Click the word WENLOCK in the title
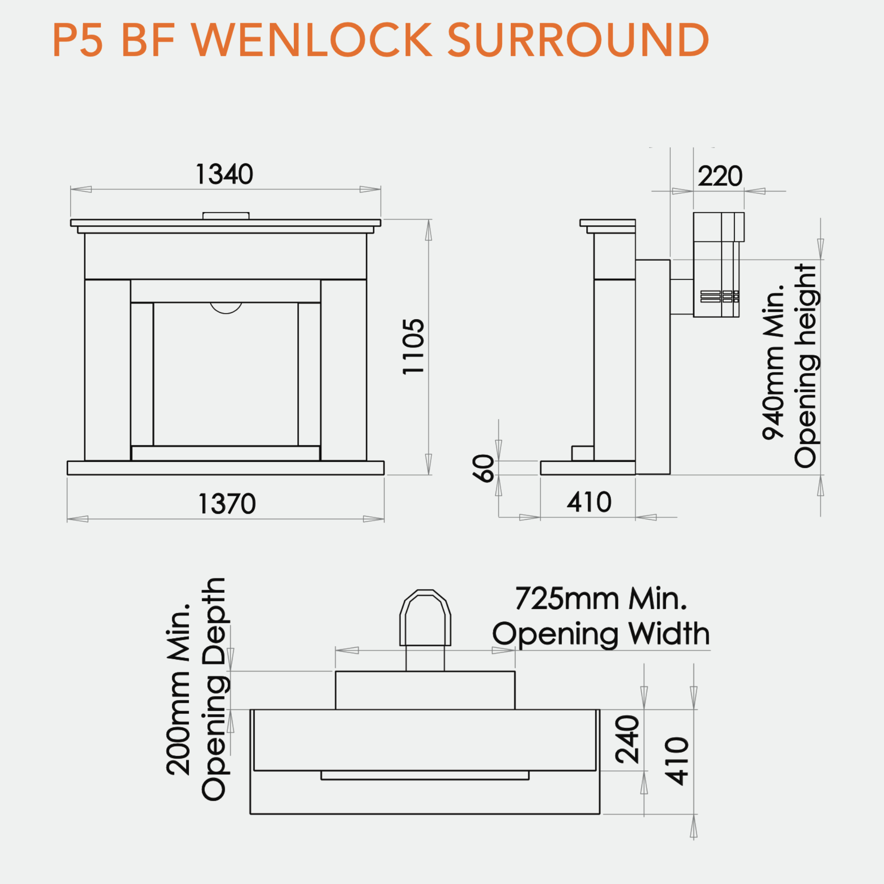312,39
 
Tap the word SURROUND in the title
578,39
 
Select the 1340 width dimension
224,174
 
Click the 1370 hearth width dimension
227,504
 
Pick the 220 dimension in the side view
720,176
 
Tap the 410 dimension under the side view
589,502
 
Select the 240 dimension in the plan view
627,740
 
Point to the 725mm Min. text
601,599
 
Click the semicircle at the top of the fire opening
226,308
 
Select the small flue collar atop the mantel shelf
226,216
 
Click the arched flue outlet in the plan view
425,617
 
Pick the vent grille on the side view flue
719,296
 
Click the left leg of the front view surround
107,370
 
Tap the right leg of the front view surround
344,370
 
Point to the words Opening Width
601,635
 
